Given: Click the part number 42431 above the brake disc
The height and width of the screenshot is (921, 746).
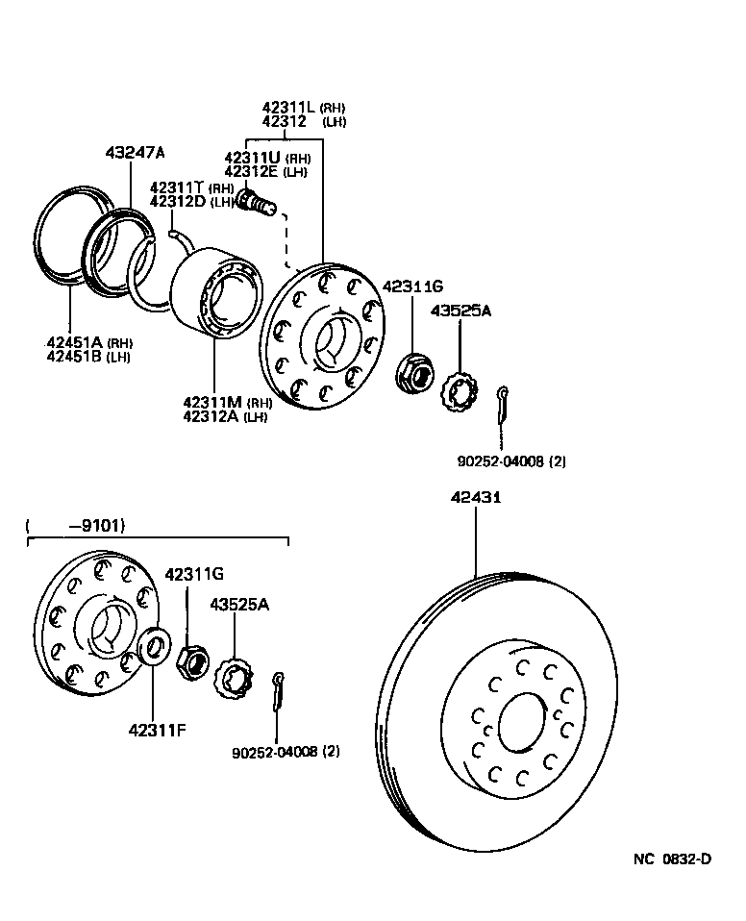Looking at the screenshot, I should pos(475,497).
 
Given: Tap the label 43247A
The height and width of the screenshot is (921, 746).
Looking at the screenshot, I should pos(135,153).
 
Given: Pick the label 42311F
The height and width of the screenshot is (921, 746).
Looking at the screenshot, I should pos(157,729).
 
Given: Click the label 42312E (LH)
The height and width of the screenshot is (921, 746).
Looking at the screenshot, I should pos(266,171).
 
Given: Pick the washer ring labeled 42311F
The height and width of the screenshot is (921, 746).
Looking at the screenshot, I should pos(153,647).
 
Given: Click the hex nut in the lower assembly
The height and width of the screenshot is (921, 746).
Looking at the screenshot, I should pos(192,660).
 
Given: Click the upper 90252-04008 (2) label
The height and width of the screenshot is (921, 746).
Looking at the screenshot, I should pos(510,460).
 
